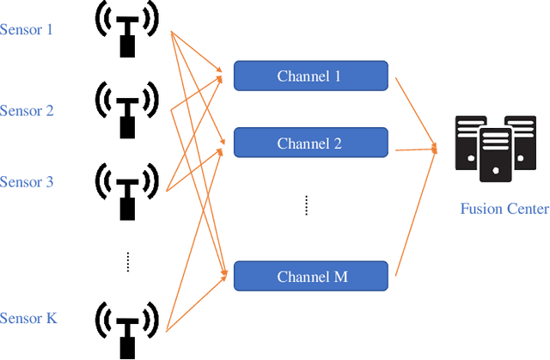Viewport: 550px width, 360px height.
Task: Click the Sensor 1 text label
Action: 27,30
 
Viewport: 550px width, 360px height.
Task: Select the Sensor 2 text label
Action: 27,111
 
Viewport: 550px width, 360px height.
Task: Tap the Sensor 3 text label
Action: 27,182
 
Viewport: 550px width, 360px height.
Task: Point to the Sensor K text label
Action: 28,319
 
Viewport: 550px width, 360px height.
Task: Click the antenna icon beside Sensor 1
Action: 127,31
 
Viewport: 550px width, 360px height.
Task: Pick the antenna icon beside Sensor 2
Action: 127,108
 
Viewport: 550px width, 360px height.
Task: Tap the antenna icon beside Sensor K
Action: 127,325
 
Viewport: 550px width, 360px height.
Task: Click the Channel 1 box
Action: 310,76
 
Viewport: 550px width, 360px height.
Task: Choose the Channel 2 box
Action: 310,143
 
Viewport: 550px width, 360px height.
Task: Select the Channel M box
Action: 310,276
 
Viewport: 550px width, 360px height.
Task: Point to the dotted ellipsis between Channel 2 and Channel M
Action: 306,206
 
